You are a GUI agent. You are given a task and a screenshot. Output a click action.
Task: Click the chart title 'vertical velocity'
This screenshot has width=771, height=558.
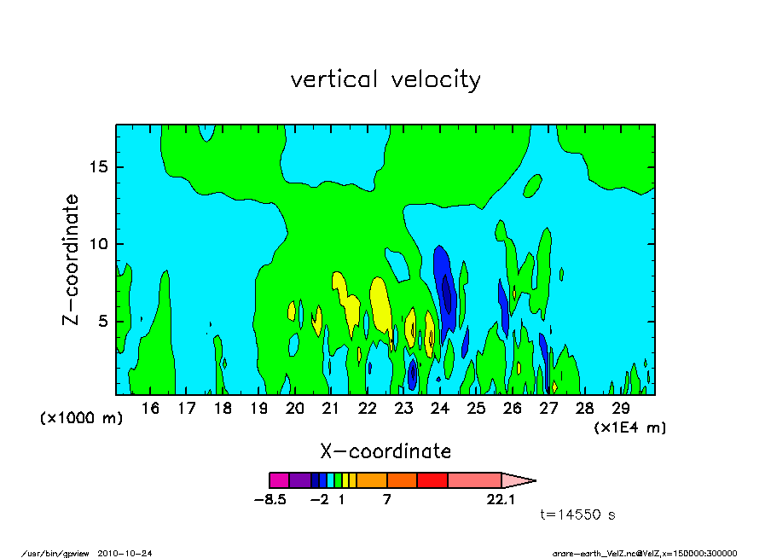click(385, 80)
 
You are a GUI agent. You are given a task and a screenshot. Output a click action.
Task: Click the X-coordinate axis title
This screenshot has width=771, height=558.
click(385, 450)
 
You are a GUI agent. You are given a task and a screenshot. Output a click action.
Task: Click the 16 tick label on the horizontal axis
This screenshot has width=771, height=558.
click(150, 409)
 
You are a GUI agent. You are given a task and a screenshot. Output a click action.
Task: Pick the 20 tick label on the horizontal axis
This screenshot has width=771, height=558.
click(295, 409)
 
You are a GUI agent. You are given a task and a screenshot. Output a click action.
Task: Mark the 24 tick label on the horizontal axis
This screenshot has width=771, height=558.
click(440, 409)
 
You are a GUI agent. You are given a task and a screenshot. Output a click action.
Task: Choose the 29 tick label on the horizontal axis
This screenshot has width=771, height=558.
click(621, 409)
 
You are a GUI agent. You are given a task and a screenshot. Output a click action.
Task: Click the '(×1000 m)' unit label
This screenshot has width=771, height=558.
click(82, 419)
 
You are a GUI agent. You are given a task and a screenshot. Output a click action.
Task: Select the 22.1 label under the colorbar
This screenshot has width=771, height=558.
click(501, 500)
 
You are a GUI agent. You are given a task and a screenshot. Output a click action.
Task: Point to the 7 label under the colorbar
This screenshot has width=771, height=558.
click(387, 500)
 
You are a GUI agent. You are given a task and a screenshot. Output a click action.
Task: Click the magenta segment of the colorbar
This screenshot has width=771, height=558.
click(276, 480)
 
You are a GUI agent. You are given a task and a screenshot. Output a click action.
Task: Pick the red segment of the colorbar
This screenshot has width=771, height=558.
click(432, 480)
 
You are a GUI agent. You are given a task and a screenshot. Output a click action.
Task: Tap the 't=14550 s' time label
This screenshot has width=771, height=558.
click(578, 515)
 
